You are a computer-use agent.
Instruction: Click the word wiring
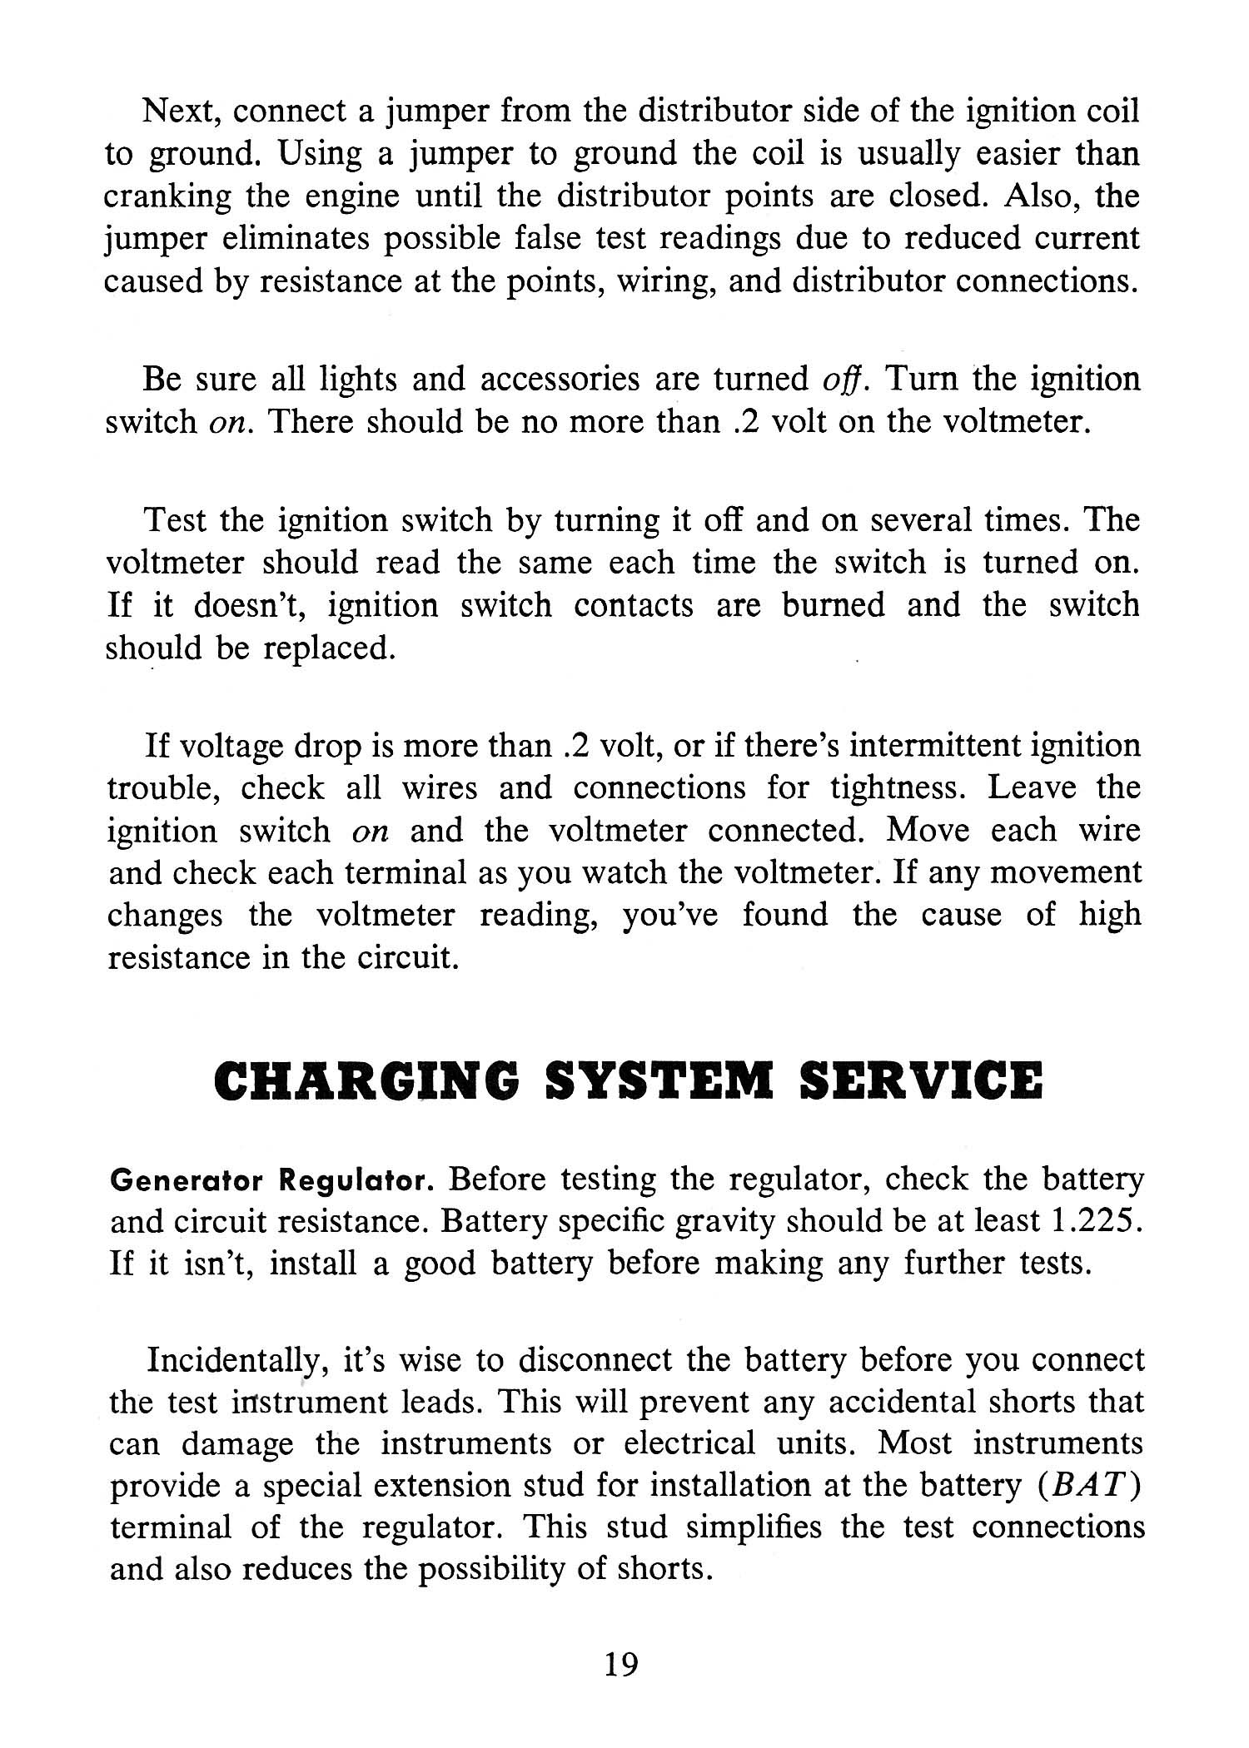(x=671, y=282)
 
